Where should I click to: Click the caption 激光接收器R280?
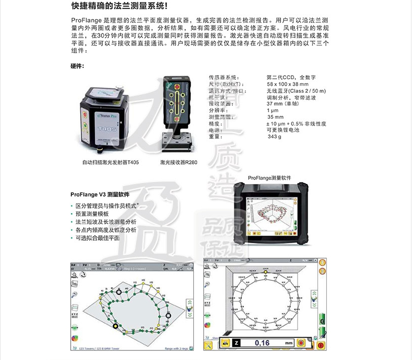pos(179,162)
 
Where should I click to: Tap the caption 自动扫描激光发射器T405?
pos(111,162)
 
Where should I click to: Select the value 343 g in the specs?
pos(274,137)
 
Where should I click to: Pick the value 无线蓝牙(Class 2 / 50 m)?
pos(296,91)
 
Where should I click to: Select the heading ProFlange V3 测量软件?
pos(100,194)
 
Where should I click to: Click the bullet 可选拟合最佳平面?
pos(97,238)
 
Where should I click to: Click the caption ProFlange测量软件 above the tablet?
pos(270,178)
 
